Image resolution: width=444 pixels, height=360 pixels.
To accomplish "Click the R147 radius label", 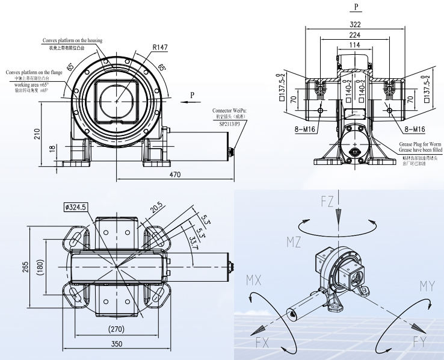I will pyautogui.click(x=160, y=46).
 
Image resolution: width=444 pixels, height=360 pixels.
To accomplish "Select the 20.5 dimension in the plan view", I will pyautogui.click(x=156, y=208).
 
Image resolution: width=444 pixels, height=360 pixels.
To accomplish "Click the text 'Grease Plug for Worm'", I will pyautogui.click(x=420, y=144).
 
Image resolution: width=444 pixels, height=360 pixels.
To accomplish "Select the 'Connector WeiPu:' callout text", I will pyautogui.click(x=229, y=111).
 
